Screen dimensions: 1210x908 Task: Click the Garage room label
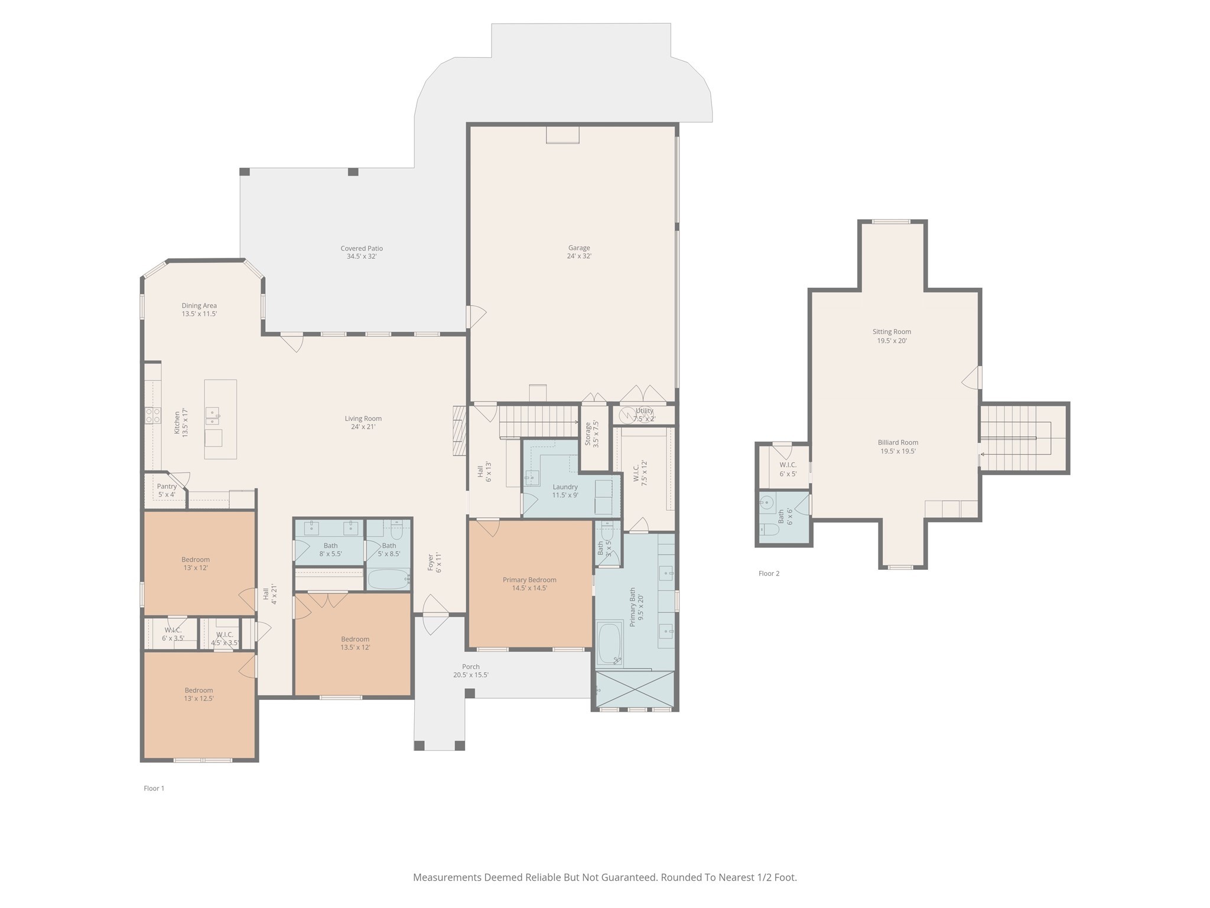tap(579, 252)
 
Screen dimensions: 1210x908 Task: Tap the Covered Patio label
tap(362, 252)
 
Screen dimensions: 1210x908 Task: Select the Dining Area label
tap(199, 310)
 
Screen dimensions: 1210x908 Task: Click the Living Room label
tap(363, 423)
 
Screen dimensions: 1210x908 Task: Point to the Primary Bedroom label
tap(529, 583)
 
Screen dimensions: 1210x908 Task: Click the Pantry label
tap(167, 490)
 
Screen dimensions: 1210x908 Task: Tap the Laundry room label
tap(565, 491)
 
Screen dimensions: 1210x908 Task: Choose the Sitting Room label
tap(892, 336)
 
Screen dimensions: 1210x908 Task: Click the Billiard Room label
tap(897, 446)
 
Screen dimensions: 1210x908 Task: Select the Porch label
tap(471, 670)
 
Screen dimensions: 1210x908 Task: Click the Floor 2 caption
tap(769, 573)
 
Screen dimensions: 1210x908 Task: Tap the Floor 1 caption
tap(154, 788)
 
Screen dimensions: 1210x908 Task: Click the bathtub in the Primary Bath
tap(610, 643)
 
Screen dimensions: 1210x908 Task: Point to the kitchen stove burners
tap(153, 416)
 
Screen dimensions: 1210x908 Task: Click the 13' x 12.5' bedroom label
tap(199, 694)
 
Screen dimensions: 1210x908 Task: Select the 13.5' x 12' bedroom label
tap(355, 643)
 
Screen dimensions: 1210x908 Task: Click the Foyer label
tap(434, 563)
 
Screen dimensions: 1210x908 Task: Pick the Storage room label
tap(591, 433)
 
